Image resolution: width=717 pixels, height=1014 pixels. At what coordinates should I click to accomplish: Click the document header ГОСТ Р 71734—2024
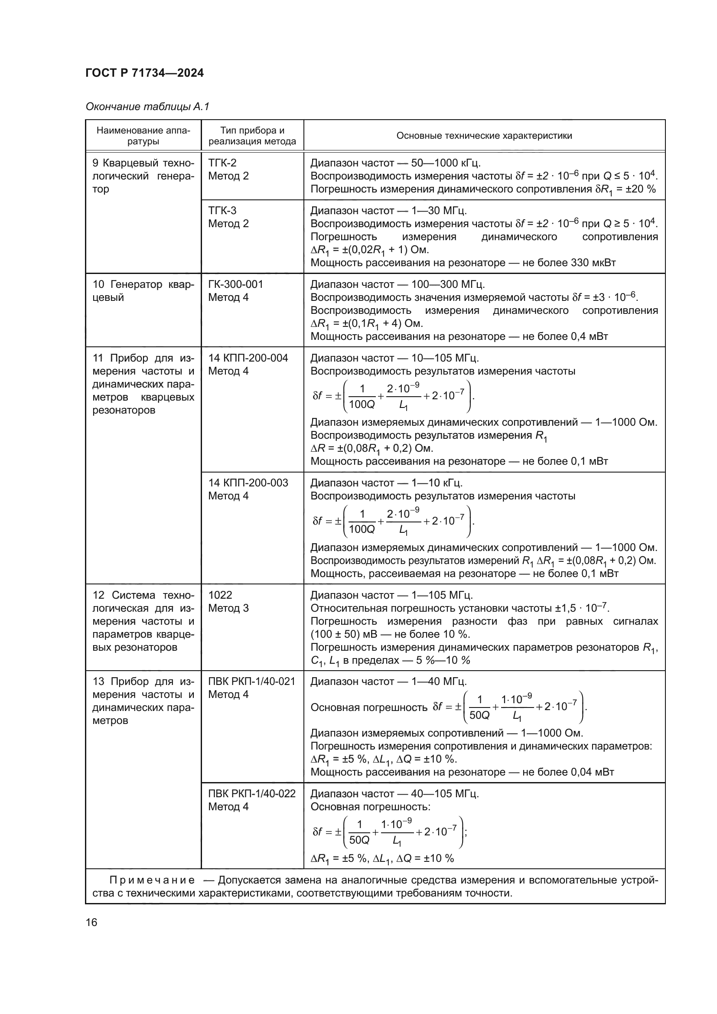[144, 73]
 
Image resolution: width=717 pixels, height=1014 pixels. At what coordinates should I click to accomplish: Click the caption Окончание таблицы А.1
[147, 107]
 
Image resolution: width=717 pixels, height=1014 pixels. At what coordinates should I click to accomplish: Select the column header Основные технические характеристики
[484, 136]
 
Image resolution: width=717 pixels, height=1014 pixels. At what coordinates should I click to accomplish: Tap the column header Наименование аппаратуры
[143, 136]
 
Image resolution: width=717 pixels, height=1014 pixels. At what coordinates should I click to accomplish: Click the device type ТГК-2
[222, 163]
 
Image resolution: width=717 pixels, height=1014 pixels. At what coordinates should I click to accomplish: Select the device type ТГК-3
[222, 210]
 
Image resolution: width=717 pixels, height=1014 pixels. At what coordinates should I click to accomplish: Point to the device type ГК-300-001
[235, 284]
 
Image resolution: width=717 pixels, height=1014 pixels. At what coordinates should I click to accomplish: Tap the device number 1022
[220, 595]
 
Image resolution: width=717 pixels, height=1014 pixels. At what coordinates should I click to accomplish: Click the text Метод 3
[228, 608]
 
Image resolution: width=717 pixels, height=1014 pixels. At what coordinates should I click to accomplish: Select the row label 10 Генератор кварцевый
[143, 290]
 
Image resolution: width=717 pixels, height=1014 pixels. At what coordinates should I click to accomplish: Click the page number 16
[91, 922]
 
